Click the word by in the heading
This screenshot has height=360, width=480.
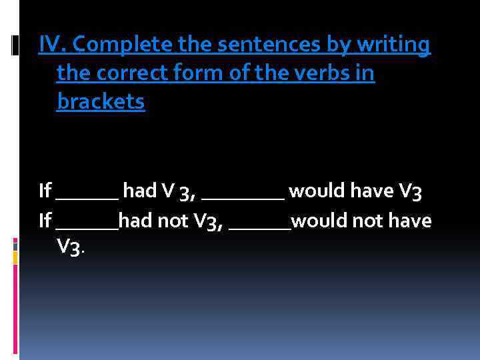click(x=339, y=46)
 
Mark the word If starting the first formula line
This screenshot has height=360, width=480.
click(x=45, y=191)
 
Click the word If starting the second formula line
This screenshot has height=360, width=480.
click(x=45, y=220)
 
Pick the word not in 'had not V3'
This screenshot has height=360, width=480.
click(x=171, y=221)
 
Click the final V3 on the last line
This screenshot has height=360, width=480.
click(x=70, y=248)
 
